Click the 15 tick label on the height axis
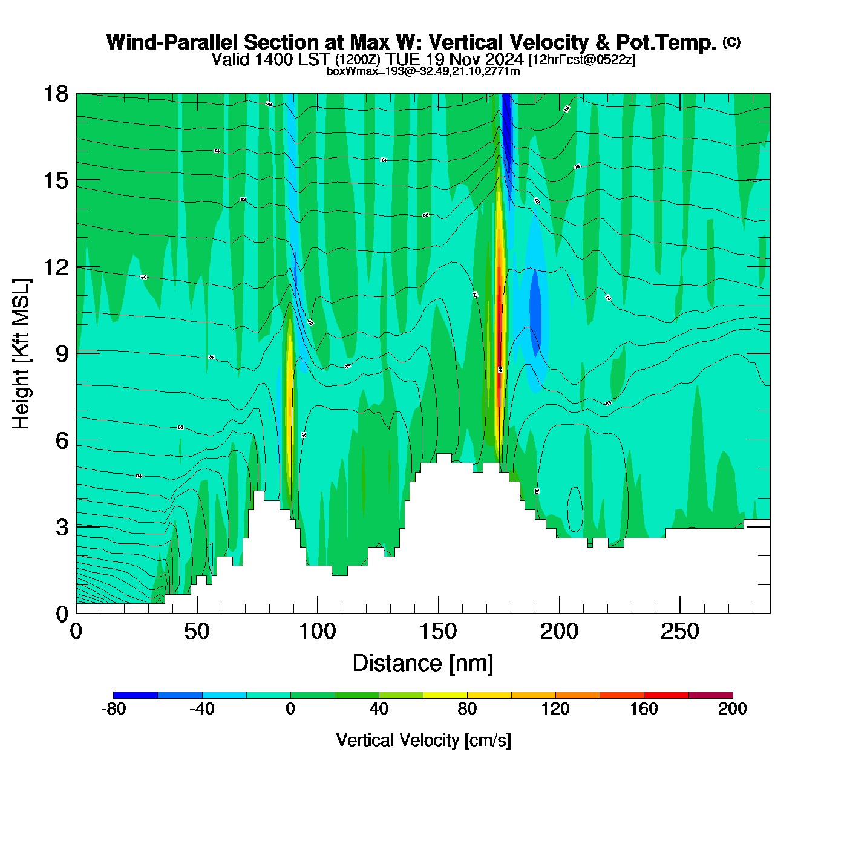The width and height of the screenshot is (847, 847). click(x=55, y=180)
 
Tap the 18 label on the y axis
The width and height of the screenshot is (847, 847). click(x=55, y=94)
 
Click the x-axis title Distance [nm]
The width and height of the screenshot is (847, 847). click(x=423, y=664)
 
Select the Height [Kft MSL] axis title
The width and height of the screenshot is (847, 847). click(x=22, y=354)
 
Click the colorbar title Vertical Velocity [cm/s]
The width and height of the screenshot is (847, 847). click(x=423, y=740)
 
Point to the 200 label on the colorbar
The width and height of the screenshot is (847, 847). click(x=732, y=709)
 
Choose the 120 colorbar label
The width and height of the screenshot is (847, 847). click(x=555, y=709)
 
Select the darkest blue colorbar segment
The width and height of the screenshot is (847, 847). click(x=136, y=695)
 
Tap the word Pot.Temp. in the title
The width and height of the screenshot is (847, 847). click(x=666, y=42)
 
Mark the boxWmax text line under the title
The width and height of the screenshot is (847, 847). click(x=423, y=71)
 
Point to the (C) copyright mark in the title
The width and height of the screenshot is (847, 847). click(x=731, y=42)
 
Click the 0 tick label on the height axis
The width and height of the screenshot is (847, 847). click(x=62, y=614)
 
